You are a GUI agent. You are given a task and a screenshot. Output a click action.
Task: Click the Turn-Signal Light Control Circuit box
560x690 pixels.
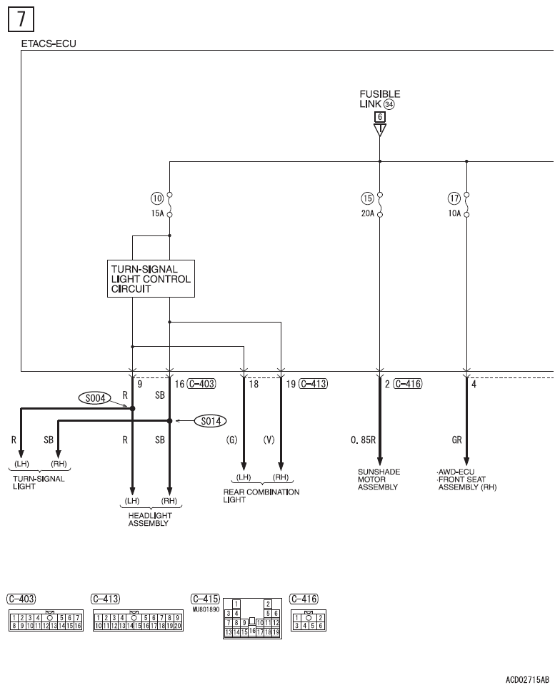tap(151, 278)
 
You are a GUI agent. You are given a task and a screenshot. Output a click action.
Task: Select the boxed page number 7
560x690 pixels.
tap(21, 19)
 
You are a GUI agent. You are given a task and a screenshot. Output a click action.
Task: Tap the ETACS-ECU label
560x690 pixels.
tap(49, 44)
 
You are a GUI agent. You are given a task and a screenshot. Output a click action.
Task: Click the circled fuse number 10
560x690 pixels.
tap(157, 198)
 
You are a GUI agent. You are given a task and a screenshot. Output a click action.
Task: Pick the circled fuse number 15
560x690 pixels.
tap(367, 198)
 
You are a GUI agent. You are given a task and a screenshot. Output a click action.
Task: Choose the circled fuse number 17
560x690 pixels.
tap(454, 198)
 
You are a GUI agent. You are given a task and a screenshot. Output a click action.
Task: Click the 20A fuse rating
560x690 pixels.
tap(367, 213)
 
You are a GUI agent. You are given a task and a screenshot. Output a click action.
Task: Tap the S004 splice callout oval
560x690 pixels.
tap(95, 398)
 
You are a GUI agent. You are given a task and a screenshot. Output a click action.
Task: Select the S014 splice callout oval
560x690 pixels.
tap(211, 421)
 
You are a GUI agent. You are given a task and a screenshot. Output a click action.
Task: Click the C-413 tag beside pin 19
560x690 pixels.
tap(314, 384)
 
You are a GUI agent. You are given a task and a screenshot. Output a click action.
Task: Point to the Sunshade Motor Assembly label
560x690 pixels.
tap(379, 480)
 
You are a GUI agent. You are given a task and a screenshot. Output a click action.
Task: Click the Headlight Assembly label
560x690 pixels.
tap(150, 519)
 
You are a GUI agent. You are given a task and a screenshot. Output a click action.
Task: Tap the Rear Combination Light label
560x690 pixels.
tap(261, 495)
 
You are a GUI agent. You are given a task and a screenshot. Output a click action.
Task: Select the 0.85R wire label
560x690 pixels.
tap(363, 440)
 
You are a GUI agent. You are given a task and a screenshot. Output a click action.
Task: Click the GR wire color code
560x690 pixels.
tap(456, 440)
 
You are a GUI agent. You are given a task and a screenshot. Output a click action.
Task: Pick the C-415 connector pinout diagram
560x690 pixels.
tap(252, 618)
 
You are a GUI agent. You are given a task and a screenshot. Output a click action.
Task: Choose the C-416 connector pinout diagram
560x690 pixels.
tap(309, 621)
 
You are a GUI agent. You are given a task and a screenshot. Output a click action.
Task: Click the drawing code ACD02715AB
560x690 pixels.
tap(527, 680)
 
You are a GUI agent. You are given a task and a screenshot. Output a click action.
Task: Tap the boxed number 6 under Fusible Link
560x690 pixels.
tap(380, 117)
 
